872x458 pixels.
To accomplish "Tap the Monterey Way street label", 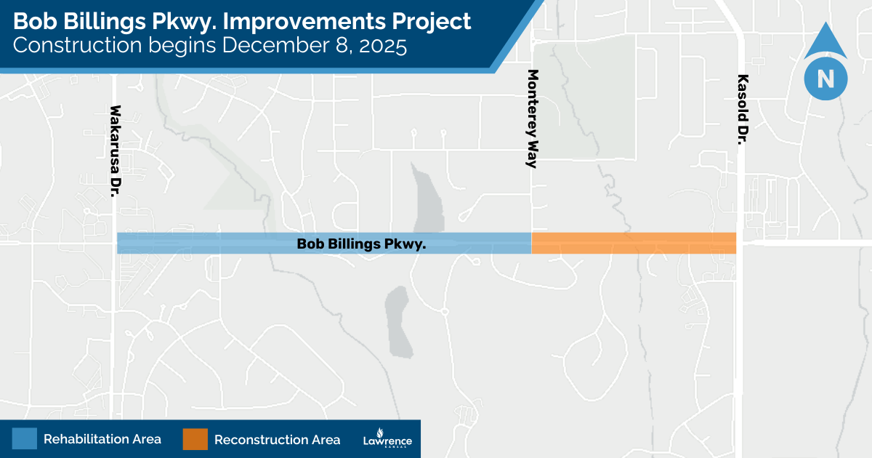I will click(x=533, y=118).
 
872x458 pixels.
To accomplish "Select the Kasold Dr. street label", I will click(x=742, y=108).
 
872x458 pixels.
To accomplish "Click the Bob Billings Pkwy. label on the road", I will click(x=361, y=244).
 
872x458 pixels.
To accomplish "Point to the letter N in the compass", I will click(x=825, y=79).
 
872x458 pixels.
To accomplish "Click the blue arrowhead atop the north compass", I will click(x=825, y=40).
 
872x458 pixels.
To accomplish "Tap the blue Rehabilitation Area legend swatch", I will click(x=24, y=439).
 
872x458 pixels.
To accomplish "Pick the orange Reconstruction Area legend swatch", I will click(x=195, y=439).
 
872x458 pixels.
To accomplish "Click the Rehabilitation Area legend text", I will click(x=102, y=439).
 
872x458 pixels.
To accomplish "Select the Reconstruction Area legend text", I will click(x=277, y=440).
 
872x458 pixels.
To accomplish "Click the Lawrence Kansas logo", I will click(x=387, y=440).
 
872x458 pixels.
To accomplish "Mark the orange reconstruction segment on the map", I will click(x=634, y=243).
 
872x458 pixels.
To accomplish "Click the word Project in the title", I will click(x=433, y=22).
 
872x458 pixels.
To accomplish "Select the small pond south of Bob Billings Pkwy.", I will click(x=398, y=320).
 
